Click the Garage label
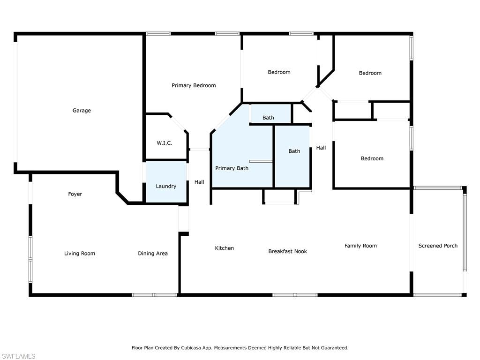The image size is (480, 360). [82, 111]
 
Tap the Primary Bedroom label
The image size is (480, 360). [194, 85]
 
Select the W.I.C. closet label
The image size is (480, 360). [165, 143]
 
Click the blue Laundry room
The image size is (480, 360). [166, 182]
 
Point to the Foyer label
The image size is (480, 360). [75, 194]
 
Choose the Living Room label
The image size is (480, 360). [80, 254]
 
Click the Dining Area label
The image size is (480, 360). [153, 254]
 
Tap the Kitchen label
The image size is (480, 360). [225, 248]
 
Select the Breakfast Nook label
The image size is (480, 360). [288, 251]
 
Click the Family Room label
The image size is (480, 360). [360, 246]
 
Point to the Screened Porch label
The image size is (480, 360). [438, 246]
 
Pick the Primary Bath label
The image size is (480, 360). [232, 168]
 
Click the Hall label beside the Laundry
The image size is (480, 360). [199, 182]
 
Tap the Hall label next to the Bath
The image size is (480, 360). [321, 148]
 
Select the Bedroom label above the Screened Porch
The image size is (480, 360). [372, 158]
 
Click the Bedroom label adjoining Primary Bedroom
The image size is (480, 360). [279, 72]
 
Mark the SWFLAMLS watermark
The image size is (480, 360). [18, 356]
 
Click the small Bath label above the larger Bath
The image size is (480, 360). [268, 118]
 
